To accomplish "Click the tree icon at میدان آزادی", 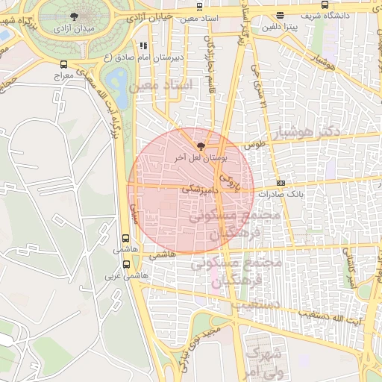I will coord(73,16).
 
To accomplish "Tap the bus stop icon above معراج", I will coord(63,65).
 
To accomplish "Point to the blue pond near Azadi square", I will coord(118,81).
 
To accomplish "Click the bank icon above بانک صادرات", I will coord(281,182).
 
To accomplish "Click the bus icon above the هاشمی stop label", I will coord(125,239).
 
